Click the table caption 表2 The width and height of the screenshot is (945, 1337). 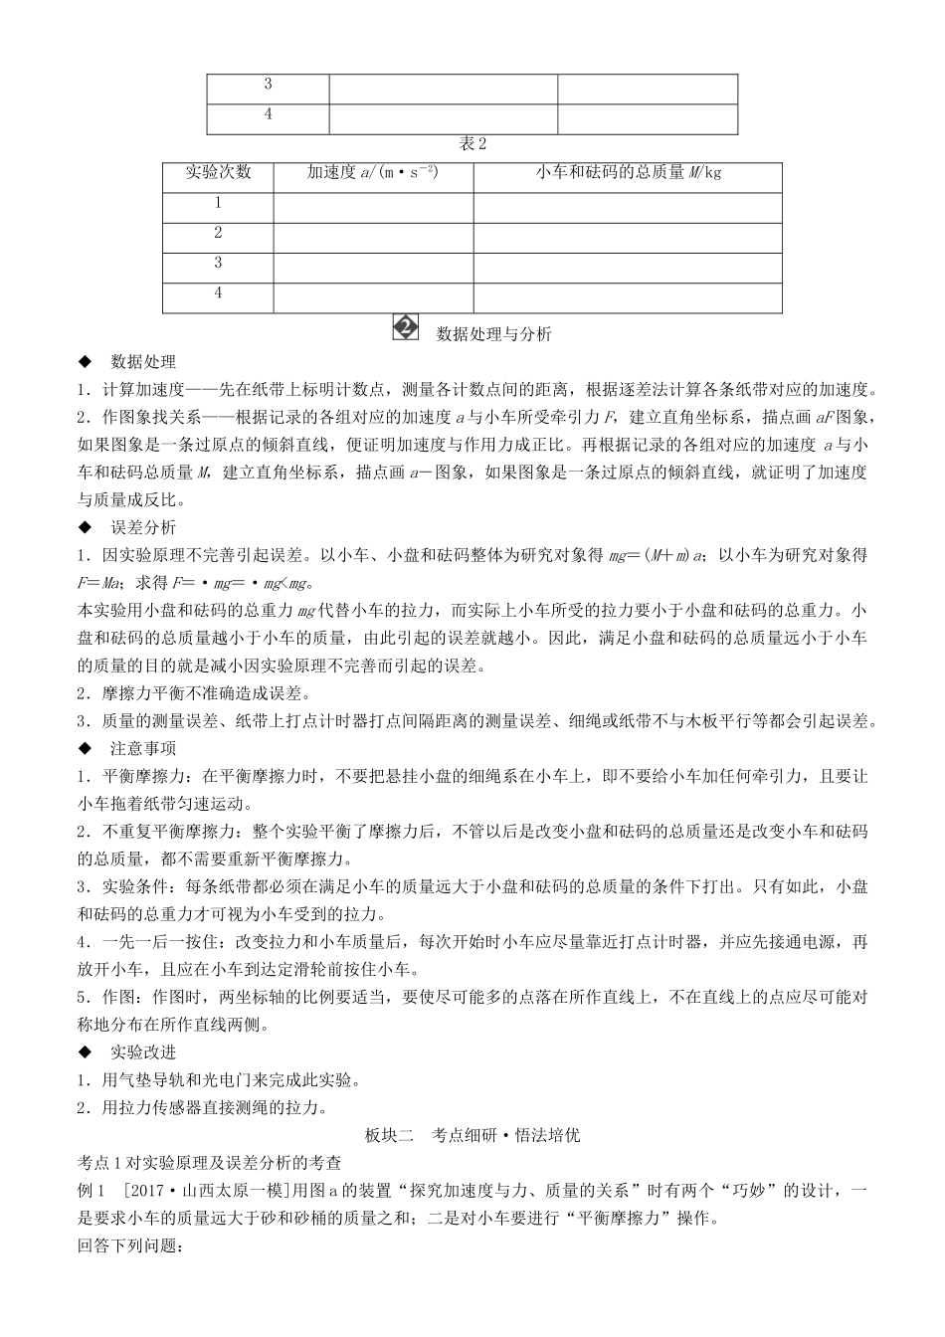click(472, 144)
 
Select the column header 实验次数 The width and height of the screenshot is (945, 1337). click(218, 172)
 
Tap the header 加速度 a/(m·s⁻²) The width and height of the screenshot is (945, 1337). click(373, 172)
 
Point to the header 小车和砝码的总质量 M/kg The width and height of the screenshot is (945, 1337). click(628, 172)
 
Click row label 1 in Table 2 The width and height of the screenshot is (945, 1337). click(218, 203)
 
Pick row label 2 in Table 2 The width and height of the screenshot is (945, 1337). click(218, 233)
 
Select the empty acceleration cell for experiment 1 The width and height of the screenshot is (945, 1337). click(373, 208)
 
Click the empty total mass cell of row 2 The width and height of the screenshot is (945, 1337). click(628, 238)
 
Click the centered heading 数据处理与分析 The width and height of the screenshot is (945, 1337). click(493, 334)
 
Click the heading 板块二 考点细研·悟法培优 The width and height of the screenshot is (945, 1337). click(472, 1135)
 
